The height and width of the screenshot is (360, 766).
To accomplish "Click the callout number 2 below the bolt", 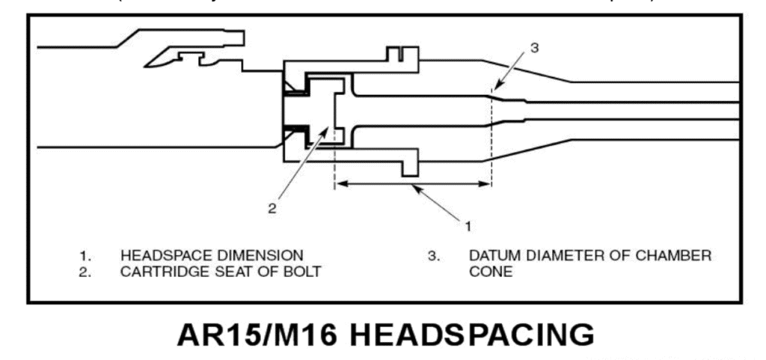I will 272,208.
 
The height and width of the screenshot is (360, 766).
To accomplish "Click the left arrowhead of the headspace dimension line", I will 338,181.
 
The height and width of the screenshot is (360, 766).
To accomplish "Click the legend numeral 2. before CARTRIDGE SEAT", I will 85,272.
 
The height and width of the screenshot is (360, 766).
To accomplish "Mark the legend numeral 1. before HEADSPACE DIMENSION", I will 85,255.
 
